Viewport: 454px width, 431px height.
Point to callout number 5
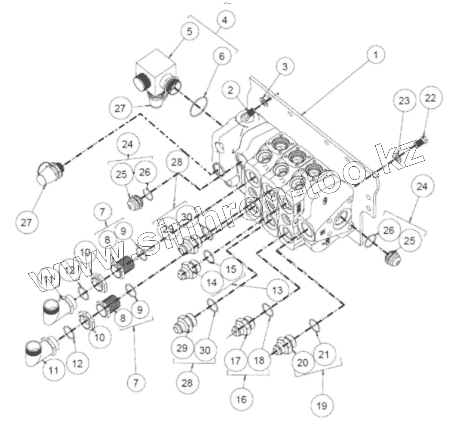(x=190, y=31)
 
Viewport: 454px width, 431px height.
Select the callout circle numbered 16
(x=241, y=400)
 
